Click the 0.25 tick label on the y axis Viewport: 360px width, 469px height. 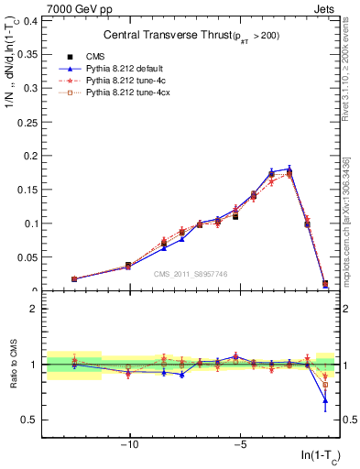(x=27, y=122)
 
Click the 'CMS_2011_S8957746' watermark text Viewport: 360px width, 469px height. (x=191, y=275)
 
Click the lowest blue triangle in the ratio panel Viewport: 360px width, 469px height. (x=325, y=400)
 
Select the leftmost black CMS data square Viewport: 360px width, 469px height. (x=74, y=278)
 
